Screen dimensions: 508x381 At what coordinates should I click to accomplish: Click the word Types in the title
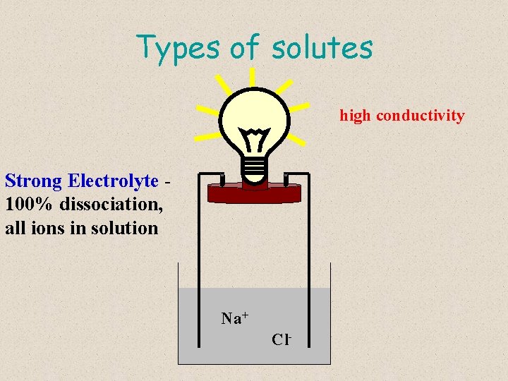(180, 48)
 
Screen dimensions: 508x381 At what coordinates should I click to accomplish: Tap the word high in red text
(356, 115)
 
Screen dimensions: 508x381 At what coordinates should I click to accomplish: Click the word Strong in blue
(34, 181)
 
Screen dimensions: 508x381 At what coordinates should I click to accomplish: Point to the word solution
(123, 228)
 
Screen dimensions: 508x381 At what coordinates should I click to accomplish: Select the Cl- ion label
(282, 339)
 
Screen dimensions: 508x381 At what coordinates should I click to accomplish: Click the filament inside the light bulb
(253, 138)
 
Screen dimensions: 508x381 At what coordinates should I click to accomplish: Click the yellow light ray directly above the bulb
(253, 76)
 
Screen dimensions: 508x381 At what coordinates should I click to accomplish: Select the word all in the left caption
(16, 228)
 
